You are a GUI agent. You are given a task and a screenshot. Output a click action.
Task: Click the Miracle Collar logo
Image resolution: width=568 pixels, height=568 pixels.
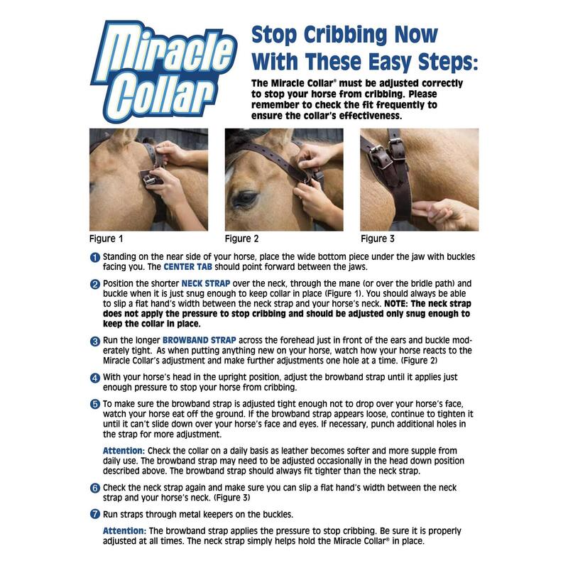pyautogui.click(x=164, y=72)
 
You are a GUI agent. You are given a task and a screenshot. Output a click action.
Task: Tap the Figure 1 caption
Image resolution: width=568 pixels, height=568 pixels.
pyautogui.click(x=106, y=239)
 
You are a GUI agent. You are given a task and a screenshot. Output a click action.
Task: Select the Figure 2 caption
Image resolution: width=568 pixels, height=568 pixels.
pyautogui.click(x=241, y=239)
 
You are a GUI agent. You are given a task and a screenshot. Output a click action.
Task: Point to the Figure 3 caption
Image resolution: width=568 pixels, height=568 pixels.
pyautogui.click(x=378, y=239)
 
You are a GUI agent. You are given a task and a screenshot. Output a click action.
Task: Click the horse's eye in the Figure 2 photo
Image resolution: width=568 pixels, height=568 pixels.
pyautogui.click(x=246, y=199)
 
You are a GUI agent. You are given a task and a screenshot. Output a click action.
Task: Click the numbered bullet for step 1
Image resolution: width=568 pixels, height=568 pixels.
pyautogui.click(x=95, y=258)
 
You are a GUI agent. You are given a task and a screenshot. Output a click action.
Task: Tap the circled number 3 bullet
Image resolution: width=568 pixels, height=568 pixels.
pyautogui.click(x=95, y=342)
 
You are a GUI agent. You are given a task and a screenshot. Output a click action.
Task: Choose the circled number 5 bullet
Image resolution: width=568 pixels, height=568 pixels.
pyautogui.click(x=95, y=404)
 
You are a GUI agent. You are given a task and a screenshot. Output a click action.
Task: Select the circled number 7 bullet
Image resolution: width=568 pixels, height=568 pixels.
pyautogui.click(x=95, y=514)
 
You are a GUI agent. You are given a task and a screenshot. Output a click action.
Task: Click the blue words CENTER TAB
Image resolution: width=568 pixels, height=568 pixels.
pyautogui.click(x=187, y=267)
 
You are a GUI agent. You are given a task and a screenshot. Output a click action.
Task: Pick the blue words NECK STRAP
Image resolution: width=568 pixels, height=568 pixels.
pyautogui.click(x=206, y=283)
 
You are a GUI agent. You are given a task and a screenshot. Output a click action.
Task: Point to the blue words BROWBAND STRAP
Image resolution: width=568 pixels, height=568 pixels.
pyautogui.click(x=200, y=341)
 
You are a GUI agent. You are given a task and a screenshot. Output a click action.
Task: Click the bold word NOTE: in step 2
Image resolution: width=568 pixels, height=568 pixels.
pyautogui.click(x=396, y=304)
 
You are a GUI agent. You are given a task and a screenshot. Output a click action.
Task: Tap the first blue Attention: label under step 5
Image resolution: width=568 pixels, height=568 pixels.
pyautogui.click(x=124, y=451)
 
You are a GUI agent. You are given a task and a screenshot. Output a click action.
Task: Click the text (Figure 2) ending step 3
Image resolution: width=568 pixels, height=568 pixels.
pyautogui.click(x=419, y=361)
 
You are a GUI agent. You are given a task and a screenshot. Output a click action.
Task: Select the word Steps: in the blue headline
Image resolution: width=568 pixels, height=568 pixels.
pyautogui.click(x=448, y=62)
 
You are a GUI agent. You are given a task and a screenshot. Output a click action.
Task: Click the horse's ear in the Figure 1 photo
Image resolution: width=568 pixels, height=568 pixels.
pyautogui.click(x=125, y=136)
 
